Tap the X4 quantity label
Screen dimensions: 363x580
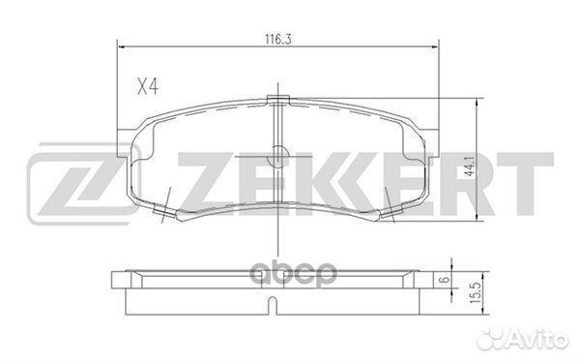(147, 86)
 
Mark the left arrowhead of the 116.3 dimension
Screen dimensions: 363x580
(121, 44)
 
